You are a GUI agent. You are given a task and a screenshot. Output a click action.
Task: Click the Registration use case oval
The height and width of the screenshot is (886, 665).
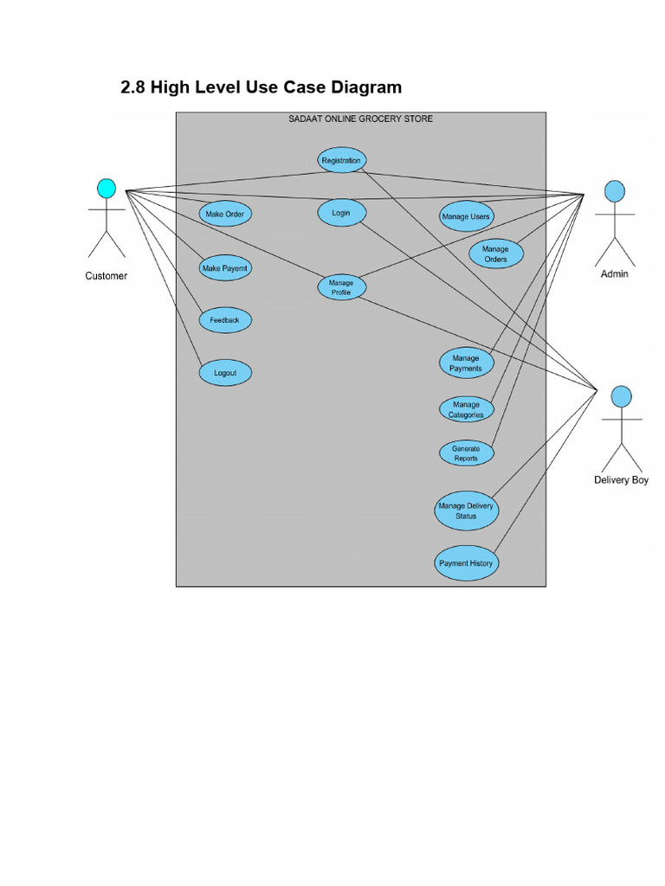[x=340, y=160]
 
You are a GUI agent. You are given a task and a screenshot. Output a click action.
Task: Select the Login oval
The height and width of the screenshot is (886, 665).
[x=341, y=213]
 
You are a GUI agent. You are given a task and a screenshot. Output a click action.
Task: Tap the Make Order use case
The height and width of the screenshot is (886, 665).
[x=225, y=214]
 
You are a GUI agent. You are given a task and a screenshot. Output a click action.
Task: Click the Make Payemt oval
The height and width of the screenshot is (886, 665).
[x=225, y=268]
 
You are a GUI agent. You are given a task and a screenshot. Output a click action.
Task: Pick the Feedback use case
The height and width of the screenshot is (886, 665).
[x=224, y=320]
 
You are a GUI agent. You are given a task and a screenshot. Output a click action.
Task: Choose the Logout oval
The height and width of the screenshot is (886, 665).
[x=225, y=373]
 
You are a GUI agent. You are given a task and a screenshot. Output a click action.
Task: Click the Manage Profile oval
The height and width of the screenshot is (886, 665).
[x=340, y=287]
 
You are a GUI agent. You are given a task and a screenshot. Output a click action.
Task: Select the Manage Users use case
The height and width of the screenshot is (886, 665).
[x=465, y=216]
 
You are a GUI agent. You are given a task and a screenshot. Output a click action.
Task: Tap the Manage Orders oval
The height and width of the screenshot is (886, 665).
[x=495, y=254]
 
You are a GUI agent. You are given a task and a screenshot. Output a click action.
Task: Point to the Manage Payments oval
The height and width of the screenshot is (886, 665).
[x=466, y=363]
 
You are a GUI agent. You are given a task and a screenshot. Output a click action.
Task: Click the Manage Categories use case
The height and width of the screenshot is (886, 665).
[x=466, y=409]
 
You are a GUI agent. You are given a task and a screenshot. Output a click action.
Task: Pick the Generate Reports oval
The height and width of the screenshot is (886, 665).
[x=466, y=453]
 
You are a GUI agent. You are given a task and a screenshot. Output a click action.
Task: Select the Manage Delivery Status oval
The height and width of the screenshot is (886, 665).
[x=466, y=510]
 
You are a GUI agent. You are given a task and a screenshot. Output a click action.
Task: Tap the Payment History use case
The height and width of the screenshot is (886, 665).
[x=466, y=563]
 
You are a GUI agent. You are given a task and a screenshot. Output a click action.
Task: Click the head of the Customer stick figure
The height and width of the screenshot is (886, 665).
[x=106, y=188]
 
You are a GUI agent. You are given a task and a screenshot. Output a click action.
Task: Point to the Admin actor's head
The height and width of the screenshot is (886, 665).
[x=614, y=191]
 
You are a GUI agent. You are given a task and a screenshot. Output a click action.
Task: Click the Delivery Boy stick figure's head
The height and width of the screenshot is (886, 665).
[x=620, y=396]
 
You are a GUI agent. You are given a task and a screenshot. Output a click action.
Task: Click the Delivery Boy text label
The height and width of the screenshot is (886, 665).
[x=621, y=480]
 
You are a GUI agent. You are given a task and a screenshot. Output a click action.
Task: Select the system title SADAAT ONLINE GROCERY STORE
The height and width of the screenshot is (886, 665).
[x=360, y=119]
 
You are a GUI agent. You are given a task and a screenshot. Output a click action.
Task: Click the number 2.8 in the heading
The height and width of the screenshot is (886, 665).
[x=133, y=87]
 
